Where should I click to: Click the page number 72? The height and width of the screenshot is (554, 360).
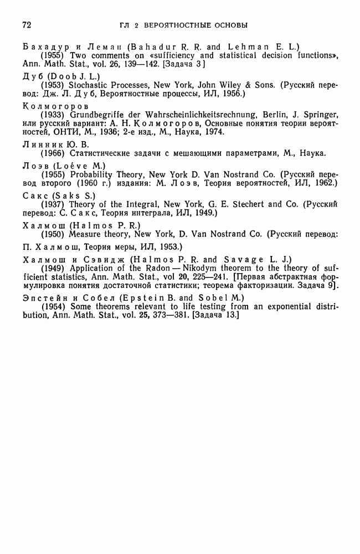coord(25,25)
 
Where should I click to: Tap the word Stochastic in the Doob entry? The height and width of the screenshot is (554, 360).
coord(86,85)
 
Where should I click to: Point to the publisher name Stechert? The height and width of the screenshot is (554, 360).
coord(245,204)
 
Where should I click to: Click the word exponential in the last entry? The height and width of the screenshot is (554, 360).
coord(286,306)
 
